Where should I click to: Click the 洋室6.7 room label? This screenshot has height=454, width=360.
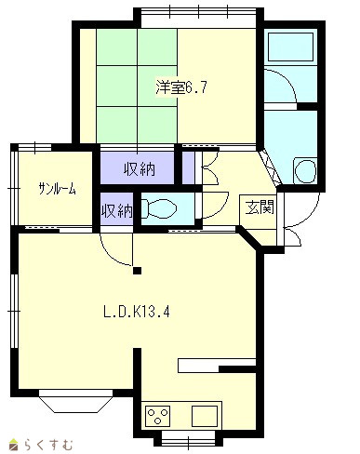(x=181, y=87)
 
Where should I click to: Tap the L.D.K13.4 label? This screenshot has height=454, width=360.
(x=137, y=312)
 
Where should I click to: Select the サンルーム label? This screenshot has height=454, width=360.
(x=57, y=189)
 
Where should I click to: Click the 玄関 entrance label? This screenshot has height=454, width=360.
(x=260, y=207)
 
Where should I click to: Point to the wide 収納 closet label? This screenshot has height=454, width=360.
(x=140, y=169)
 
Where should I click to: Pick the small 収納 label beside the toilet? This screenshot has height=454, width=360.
(x=117, y=211)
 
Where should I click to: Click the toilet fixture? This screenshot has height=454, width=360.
(x=159, y=208)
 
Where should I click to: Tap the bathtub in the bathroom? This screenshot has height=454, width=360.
(x=290, y=47)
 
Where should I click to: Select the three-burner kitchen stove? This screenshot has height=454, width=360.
(x=158, y=416)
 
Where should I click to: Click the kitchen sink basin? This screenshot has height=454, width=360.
(x=205, y=416)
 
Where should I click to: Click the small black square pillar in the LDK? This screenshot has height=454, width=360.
(x=137, y=271)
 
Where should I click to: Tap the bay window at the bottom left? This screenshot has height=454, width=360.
(x=75, y=401)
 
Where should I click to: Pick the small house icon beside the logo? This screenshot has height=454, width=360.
(x=14, y=445)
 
